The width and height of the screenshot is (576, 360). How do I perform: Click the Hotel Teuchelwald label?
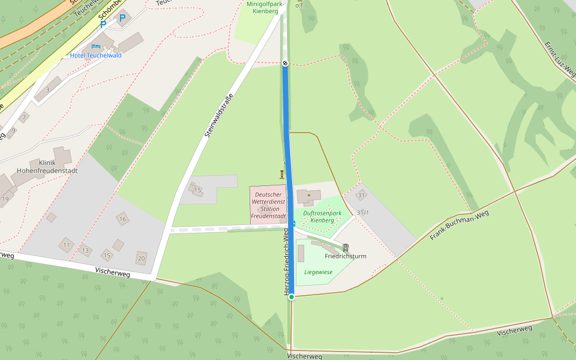(95, 55)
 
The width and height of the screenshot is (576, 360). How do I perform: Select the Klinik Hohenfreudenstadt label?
(55, 166)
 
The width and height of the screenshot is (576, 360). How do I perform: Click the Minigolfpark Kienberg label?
(265, 7)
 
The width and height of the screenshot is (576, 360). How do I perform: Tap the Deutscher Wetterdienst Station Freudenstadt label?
(268, 205)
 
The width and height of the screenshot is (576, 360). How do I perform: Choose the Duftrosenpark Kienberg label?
(322, 217)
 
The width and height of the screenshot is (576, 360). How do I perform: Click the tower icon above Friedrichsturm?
(346, 247)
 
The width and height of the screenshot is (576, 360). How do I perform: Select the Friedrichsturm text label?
(345, 256)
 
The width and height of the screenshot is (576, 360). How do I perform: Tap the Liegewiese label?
(318, 272)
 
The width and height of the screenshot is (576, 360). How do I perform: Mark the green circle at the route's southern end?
(292, 296)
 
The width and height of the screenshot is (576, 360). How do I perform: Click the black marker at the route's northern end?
(285, 63)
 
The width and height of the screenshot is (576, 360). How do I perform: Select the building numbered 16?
(122, 219)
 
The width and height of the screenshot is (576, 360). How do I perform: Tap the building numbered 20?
(142, 259)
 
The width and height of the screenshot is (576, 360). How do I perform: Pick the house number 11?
(66, 245)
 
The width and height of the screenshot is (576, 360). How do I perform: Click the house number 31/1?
(362, 212)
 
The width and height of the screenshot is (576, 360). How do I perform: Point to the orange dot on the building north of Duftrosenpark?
(309, 195)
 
